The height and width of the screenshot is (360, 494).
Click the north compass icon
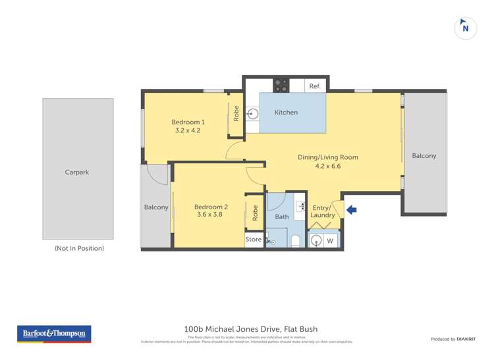[466, 28]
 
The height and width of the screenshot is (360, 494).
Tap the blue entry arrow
[351, 210]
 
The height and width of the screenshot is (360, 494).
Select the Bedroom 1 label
[188, 122]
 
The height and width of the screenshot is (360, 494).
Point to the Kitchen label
[286, 113]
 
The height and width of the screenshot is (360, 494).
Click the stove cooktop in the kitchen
[281, 86]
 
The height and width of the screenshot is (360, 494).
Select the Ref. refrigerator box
[314, 86]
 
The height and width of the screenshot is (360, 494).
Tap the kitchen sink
[253, 113]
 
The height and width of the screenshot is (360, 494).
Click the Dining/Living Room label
[327, 157]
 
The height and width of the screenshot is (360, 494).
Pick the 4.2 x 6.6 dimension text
[327, 167]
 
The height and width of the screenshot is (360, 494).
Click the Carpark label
[77, 172]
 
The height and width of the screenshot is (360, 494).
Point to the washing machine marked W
[329, 240]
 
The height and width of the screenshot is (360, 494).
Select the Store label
[253, 240]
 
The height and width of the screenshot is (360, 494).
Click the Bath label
[281, 217]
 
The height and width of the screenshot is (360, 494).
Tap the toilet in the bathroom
[295, 241]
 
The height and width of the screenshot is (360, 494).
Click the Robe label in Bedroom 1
[236, 113]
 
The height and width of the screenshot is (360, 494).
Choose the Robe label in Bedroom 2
[254, 212]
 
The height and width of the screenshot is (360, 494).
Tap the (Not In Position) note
[79, 249]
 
